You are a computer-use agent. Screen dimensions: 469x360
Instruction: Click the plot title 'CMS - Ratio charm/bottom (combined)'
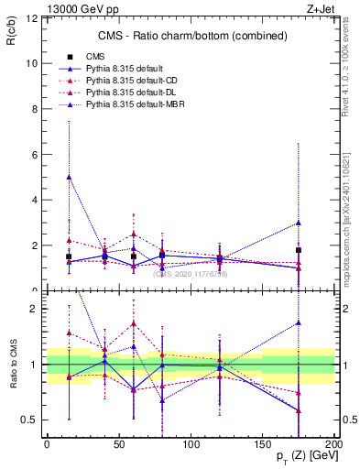[190, 36]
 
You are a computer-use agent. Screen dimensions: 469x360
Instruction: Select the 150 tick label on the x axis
[262, 442]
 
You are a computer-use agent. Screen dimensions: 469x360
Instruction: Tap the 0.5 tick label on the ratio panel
[28, 420]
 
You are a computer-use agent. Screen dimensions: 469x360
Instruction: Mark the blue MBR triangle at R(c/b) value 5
[69, 178]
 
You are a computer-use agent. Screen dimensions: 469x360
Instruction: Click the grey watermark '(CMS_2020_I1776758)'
[191, 273]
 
